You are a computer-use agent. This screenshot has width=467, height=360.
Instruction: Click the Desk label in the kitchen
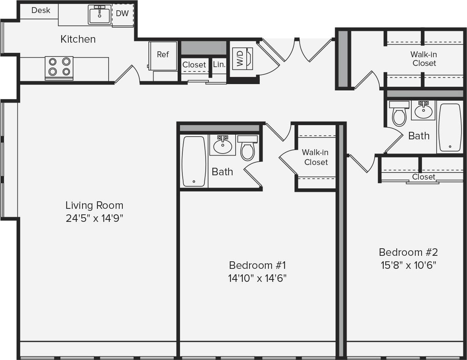(41, 10)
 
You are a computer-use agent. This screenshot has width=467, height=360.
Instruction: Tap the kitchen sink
(99, 15)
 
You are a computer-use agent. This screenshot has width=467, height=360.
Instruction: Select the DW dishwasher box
(122, 14)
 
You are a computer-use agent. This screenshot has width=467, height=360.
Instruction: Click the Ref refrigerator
(163, 55)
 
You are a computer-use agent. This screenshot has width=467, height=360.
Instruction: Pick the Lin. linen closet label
(219, 64)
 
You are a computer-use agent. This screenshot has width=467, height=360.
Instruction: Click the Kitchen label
(78, 39)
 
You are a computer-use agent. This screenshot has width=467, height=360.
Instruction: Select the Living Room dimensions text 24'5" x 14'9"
(94, 218)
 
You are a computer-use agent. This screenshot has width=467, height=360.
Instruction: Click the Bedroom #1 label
(257, 264)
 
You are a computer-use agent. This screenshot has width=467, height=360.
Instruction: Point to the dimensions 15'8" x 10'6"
(408, 265)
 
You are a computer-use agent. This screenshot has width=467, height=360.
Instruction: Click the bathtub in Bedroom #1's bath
(194, 161)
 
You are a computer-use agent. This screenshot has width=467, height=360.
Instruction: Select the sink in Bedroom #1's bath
(223, 145)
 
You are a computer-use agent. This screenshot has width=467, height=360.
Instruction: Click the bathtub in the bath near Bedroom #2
(450, 127)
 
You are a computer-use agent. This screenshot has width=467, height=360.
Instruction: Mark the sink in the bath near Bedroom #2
(423, 110)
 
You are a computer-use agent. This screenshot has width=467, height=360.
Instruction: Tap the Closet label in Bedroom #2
(423, 177)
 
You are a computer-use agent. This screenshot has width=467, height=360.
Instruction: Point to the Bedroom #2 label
(408, 252)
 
